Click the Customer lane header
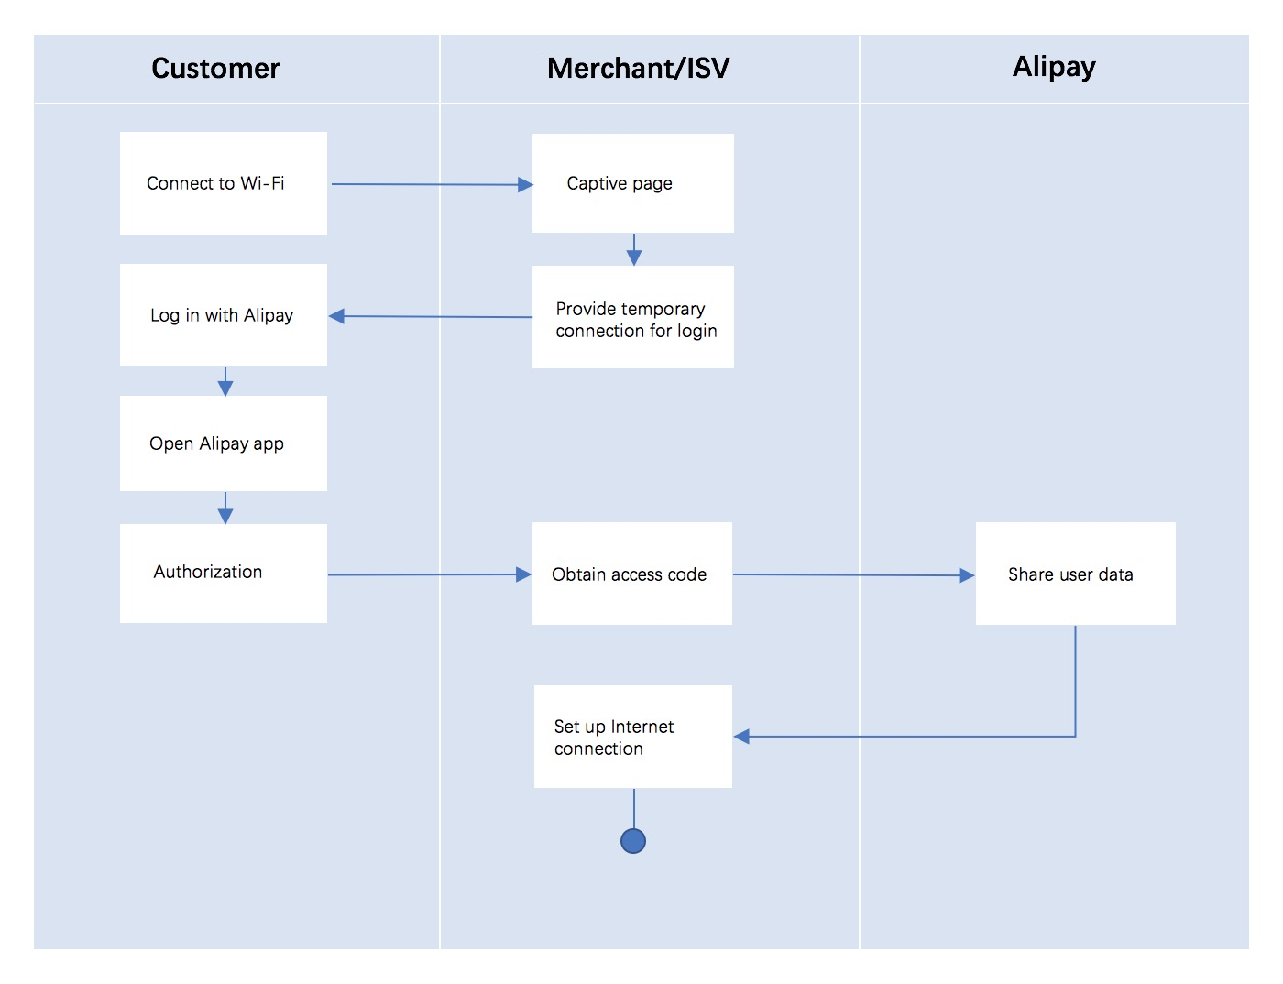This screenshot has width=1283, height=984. point(215,69)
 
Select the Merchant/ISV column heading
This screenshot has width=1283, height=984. point(638,69)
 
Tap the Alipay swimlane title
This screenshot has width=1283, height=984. point(1054,67)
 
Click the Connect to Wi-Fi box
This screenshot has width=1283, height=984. point(223,183)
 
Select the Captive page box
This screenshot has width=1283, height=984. point(632,183)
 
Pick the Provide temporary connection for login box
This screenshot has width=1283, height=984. point(632,318)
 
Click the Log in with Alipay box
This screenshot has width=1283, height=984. point(223,315)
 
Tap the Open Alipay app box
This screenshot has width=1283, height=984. point(223,443)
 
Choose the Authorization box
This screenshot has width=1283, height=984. point(223,573)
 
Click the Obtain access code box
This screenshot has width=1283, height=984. point(631,574)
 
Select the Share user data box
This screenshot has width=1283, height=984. point(1075,574)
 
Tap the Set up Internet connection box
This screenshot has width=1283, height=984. point(632,737)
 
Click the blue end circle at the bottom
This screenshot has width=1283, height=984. point(633,841)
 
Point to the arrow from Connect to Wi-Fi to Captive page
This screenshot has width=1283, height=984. point(431,184)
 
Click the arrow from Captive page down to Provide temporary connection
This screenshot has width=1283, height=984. point(634,249)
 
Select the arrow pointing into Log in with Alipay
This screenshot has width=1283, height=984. point(431,317)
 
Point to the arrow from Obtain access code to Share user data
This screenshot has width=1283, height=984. point(852,575)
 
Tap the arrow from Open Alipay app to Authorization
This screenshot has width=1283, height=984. point(225,508)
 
